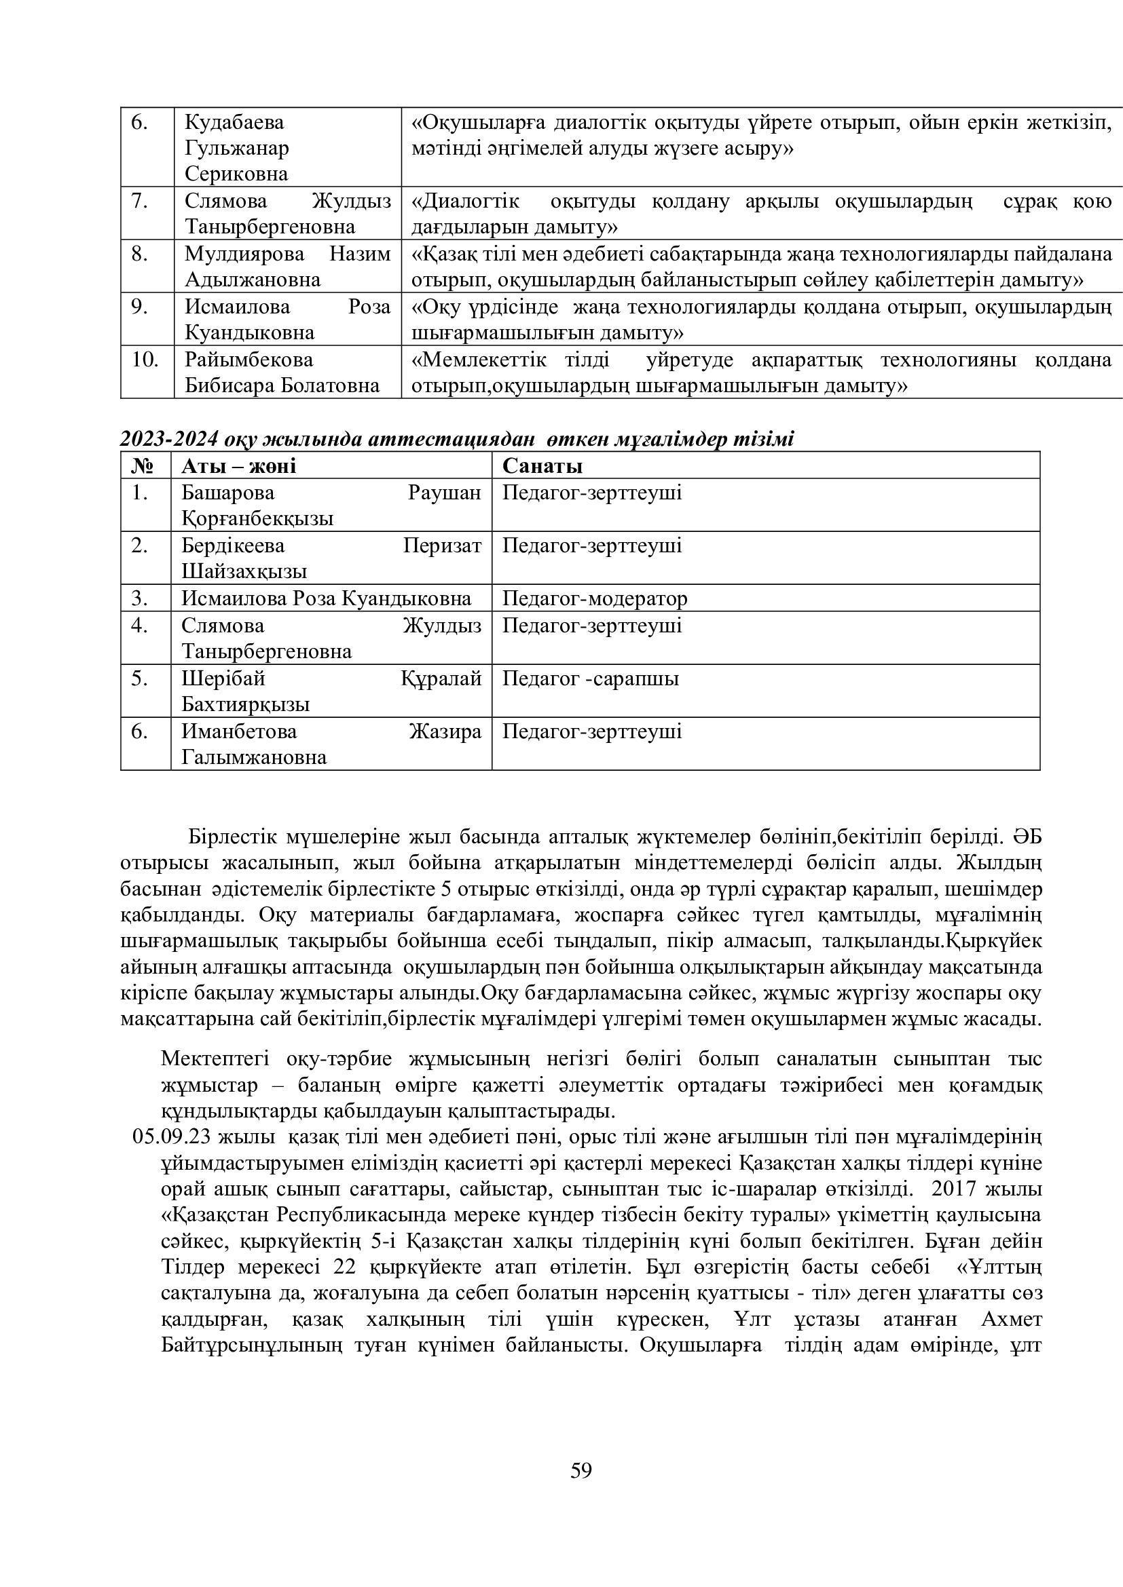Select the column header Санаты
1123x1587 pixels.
click(542, 466)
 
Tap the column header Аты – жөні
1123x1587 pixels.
click(238, 466)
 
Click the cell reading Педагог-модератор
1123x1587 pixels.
click(595, 598)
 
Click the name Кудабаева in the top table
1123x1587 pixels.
click(234, 122)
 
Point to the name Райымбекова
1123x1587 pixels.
click(248, 360)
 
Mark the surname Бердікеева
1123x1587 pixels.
click(233, 546)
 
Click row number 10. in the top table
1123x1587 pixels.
click(145, 360)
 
